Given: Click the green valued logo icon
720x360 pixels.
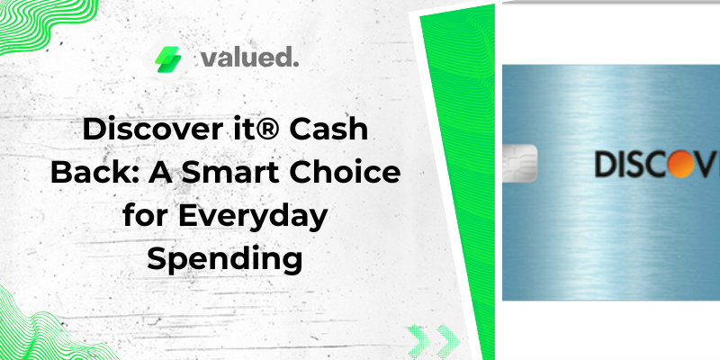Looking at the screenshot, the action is pos(167,59).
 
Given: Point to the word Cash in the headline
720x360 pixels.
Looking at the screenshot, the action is pos(328,130).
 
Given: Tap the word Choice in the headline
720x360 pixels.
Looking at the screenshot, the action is pos(345,173).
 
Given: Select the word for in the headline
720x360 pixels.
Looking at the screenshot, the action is pos(146,216).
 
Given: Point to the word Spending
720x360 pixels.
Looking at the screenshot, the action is pos(225,261).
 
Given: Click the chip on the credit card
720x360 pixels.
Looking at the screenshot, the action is pos(519,163).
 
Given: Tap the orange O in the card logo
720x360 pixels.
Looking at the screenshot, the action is pos(681,164).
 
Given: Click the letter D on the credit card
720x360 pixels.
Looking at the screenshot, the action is pos(606,165).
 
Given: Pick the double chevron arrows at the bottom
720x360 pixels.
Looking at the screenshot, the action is pos(434,341).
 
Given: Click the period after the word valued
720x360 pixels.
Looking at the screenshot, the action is pos(296,65).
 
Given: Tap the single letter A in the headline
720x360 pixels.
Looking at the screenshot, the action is pos(161,173).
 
